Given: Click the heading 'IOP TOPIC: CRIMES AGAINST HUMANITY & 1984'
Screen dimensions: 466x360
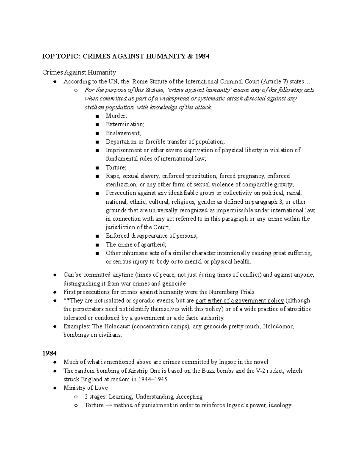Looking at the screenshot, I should point(125,56).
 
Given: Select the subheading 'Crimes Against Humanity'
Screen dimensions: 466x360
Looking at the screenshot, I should point(79,72).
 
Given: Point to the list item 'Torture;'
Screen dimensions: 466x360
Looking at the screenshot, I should point(116,167).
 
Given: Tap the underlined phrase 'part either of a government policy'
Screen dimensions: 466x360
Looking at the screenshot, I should point(239,301).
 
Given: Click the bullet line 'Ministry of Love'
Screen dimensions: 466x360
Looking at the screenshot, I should point(85,388).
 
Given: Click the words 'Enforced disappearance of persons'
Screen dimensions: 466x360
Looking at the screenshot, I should point(151,236).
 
